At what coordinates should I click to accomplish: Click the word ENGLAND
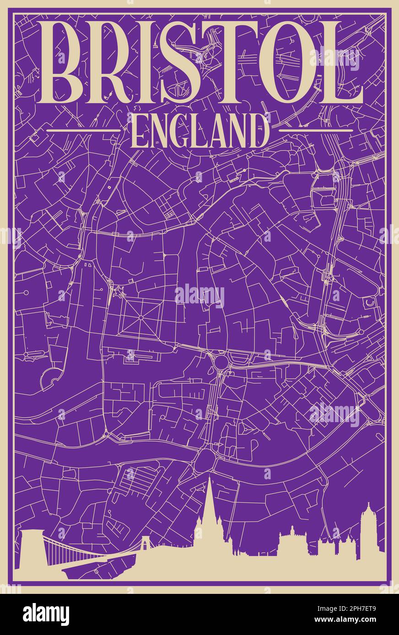(199, 131)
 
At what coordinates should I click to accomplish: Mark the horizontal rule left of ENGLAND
(84, 131)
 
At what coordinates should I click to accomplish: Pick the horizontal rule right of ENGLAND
(316, 131)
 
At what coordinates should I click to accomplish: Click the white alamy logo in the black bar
(46, 614)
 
